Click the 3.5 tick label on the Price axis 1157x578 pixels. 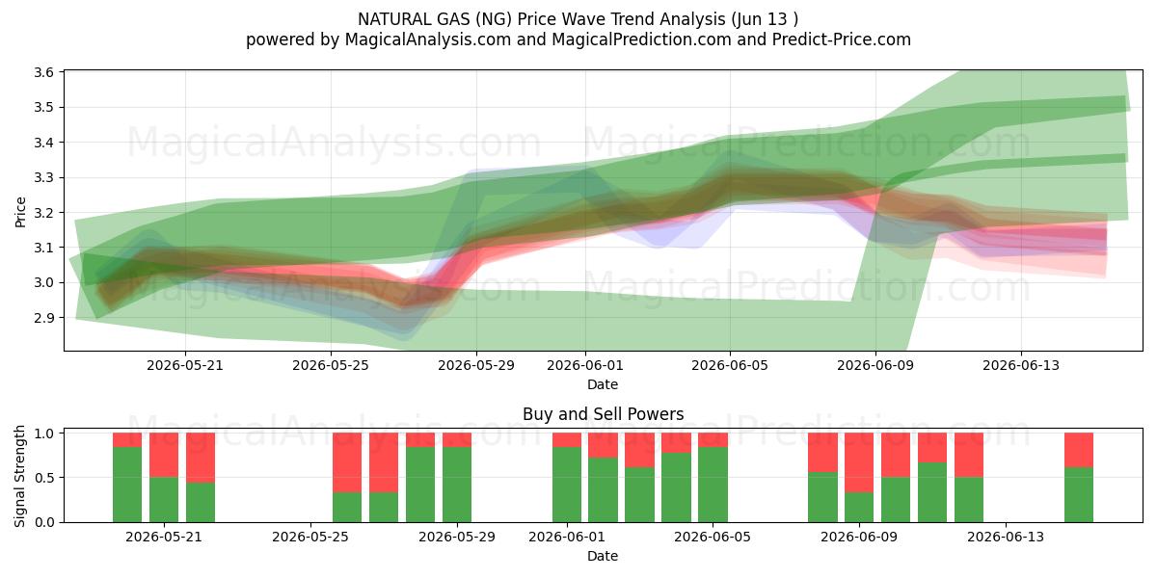pyautogui.click(x=44, y=107)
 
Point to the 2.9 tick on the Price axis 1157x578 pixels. pyautogui.click(x=44, y=318)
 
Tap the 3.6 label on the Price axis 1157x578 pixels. pyautogui.click(x=44, y=72)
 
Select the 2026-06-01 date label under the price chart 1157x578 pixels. pyautogui.click(x=585, y=365)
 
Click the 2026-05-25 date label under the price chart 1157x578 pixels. pyautogui.click(x=331, y=365)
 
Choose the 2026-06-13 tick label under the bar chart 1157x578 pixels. pyautogui.click(x=1005, y=537)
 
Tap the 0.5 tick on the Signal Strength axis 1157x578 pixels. pyautogui.click(x=44, y=478)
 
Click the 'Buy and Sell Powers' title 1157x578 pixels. pyautogui.click(x=603, y=414)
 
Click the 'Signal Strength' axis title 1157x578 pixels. pyautogui.click(x=19, y=476)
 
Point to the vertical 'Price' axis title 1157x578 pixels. pyautogui.click(x=20, y=212)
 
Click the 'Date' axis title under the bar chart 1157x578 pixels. pyautogui.click(x=603, y=556)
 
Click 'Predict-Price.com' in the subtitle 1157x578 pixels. pyautogui.click(x=842, y=39)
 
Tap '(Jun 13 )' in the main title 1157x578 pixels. pyautogui.click(x=765, y=19)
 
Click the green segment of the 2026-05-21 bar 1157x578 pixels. pyautogui.click(x=164, y=500)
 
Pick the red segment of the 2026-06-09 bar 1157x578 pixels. pyautogui.click(x=859, y=463)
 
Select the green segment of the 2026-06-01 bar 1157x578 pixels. pyautogui.click(x=567, y=485)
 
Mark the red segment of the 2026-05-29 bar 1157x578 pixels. pyautogui.click(x=457, y=439)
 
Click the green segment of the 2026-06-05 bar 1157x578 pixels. pyautogui.click(x=713, y=485)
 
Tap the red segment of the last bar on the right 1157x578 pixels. pyautogui.click(x=1079, y=450)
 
